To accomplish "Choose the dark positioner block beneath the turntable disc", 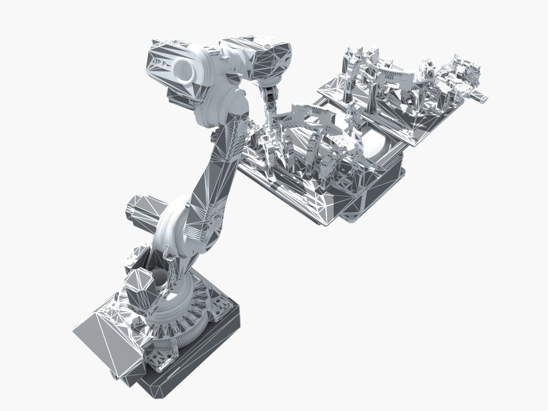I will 374,192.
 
